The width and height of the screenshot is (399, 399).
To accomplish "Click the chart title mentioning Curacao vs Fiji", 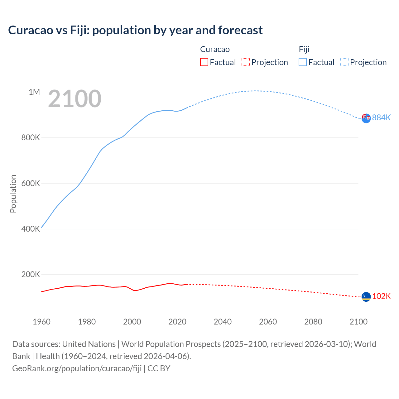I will [135, 30].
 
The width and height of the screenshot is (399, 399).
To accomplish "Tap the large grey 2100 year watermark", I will [75, 99].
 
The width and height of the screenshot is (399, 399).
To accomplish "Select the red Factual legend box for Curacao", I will [204, 62].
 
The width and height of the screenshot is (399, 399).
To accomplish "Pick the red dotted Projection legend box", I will [246, 62].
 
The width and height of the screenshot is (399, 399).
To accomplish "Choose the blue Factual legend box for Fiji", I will [303, 62].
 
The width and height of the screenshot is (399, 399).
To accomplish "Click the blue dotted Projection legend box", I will [344, 62].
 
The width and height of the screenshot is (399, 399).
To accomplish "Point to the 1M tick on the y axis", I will [34, 92].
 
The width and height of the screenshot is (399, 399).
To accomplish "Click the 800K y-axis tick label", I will [31, 137].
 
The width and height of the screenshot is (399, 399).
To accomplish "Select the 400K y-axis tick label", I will [31, 229].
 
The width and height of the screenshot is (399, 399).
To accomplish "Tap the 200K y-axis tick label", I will [31, 274].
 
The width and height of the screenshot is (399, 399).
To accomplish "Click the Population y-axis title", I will [13, 194].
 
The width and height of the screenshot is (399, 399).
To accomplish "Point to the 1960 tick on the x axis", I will [41, 322].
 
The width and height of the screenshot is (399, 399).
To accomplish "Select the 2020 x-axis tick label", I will [177, 322].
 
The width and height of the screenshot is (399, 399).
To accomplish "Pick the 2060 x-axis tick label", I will [268, 322].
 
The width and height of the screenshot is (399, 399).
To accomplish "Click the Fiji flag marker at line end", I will [366, 118].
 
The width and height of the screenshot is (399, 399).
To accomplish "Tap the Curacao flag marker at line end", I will [366, 297].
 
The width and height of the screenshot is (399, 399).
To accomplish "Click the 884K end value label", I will [381, 118].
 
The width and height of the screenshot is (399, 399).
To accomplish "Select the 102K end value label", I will [381, 296].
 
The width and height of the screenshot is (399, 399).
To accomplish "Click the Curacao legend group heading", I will [215, 49].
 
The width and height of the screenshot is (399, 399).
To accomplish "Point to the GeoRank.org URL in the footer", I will [77, 368].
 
